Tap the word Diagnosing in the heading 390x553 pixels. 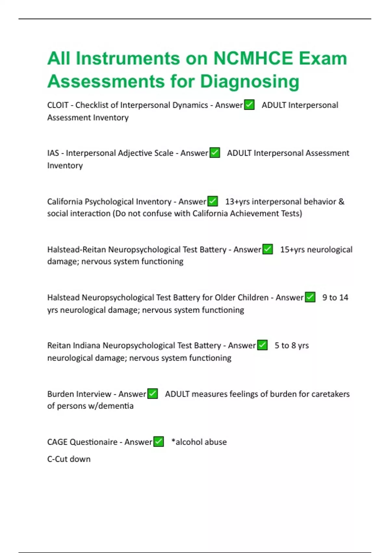pyautogui.click(x=249, y=81)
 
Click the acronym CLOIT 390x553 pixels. pyautogui.click(x=58, y=105)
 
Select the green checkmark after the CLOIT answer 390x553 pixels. pyautogui.click(x=249, y=105)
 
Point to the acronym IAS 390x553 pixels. pyautogui.click(x=53, y=153)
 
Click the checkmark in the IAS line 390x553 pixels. pyautogui.click(x=214, y=153)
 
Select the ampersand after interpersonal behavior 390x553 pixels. pyautogui.click(x=341, y=202)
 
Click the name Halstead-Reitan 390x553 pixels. pyautogui.click(x=76, y=250)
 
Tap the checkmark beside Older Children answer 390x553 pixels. pyautogui.click(x=310, y=297)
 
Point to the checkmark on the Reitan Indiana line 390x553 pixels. pyautogui.click(x=262, y=345)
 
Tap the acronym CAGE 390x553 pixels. pyautogui.click(x=58, y=442)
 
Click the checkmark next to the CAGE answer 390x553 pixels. pyautogui.click(x=159, y=442)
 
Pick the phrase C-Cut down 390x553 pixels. pyautogui.click(x=69, y=459)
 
